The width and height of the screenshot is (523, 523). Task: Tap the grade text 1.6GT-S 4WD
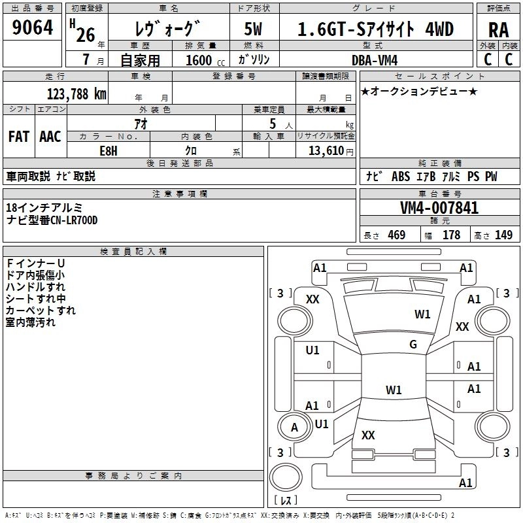click(x=375, y=29)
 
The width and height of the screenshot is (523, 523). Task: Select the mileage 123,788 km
click(x=76, y=94)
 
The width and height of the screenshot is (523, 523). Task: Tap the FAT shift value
click(x=18, y=137)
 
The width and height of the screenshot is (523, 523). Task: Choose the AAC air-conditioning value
click(x=50, y=137)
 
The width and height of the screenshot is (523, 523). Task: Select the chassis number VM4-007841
click(x=439, y=209)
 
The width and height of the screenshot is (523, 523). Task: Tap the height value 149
click(x=503, y=235)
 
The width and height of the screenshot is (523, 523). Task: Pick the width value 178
click(x=451, y=235)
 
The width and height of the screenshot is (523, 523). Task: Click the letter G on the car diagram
click(x=413, y=345)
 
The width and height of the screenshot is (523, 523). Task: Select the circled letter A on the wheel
click(x=294, y=428)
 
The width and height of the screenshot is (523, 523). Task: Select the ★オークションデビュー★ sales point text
click(x=418, y=91)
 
